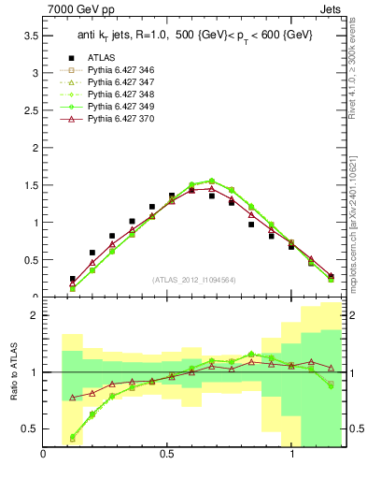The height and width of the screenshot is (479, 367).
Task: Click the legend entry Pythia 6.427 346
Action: (120, 70)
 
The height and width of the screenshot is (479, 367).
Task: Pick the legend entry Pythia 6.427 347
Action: (120, 83)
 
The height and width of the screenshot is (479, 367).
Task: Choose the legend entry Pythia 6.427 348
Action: (120, 95)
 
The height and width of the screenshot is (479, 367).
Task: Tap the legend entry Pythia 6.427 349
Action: (120, 108)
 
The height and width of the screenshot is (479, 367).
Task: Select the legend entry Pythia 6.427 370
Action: (120, 120)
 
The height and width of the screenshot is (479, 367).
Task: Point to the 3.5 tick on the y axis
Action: (30, 36)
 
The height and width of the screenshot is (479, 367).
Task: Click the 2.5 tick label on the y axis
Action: (30, 110)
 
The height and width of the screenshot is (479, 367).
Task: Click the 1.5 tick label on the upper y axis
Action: (30, 185)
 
